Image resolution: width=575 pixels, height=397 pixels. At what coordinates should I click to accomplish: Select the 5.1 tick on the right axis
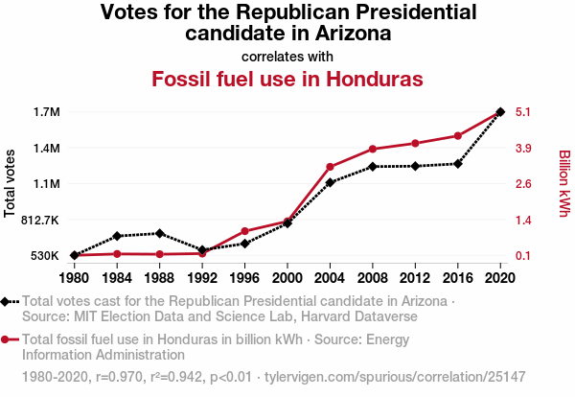[523, 112]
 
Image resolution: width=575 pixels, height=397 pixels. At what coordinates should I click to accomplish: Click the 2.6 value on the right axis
[523, 184]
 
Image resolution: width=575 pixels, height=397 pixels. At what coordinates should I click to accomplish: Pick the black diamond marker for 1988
[159, 233]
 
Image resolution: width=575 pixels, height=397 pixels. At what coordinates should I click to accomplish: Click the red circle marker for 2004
[330, 167]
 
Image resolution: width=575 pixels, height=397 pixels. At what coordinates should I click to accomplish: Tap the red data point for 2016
[458, 135]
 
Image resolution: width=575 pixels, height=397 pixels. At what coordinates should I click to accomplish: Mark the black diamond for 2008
[373, 167]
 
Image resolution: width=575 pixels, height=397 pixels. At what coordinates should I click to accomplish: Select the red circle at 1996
[244, 231]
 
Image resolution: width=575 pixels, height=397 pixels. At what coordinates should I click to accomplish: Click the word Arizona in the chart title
[349, 33]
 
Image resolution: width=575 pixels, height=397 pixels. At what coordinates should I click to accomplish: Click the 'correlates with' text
[287, 56]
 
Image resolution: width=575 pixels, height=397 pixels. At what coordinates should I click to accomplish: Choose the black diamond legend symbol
[9, 301]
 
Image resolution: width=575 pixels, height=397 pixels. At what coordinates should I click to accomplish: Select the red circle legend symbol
[9, 339]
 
